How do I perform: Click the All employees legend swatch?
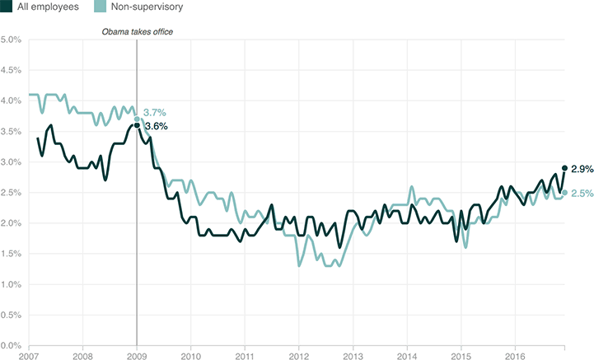click(x=7, y=7)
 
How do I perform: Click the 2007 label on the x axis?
click(x=29, y=355)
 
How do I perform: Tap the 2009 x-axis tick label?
click(x=137, y=355)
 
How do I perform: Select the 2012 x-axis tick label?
click(x=298, y=355)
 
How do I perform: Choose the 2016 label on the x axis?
click(x=514, y=355)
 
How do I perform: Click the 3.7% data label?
click(x=155, y=113)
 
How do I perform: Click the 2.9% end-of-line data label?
click(x=582, y=168)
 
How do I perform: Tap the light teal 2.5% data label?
click(x=582, y=194)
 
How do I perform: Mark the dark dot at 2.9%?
click(x=564, y=168)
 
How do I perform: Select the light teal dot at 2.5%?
click(x=564, y=193)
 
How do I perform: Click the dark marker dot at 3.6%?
click(x=137, y=125)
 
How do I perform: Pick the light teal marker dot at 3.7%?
click(x=137, y=119)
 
